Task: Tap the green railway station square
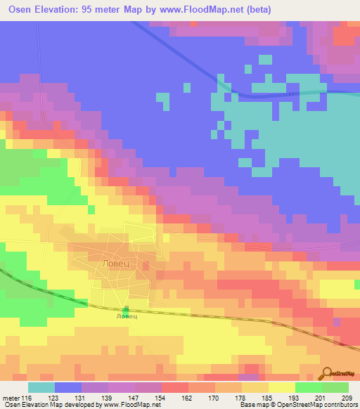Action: coord(127,310)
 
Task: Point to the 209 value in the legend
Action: coord(348,398)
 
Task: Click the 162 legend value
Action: coord(187,398)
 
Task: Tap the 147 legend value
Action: coord(134,398)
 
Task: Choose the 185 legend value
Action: coord(267,398)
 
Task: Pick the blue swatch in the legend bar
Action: coord(68,387)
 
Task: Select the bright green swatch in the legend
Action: coord(309,387)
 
